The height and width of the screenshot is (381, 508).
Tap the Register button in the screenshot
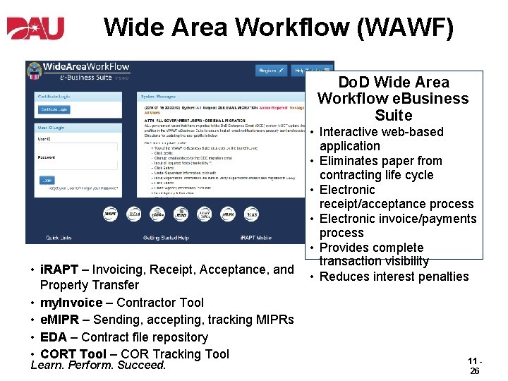pyautogui.click(x=271, y=71)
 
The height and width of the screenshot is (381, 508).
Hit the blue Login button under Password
pyautogui.click(x=47, y=180)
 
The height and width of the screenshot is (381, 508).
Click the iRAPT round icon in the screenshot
pyautogui.click(x=111, y=214)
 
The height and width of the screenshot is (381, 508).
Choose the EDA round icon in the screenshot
pyautogui.click(x=134, y=214)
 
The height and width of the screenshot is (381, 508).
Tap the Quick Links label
pyautogui.click(x=59, y=238)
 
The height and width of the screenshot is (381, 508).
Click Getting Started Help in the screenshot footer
pyautogui.click(x=166, y=238)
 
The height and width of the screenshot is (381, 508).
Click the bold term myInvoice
pyautogui.click(x=71, y=303)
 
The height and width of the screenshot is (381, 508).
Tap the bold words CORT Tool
pyautogui.click(x=73, y=354)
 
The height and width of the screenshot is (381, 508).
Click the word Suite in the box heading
pyautogui.click(x=394, y=116)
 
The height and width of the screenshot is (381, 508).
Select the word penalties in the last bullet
pyautogui.click(x=442, y=277)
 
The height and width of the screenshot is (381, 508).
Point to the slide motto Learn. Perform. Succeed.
pyautogui.click(x=99, y=365)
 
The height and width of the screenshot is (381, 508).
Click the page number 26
pyautogui.click(x=474, y=370)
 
